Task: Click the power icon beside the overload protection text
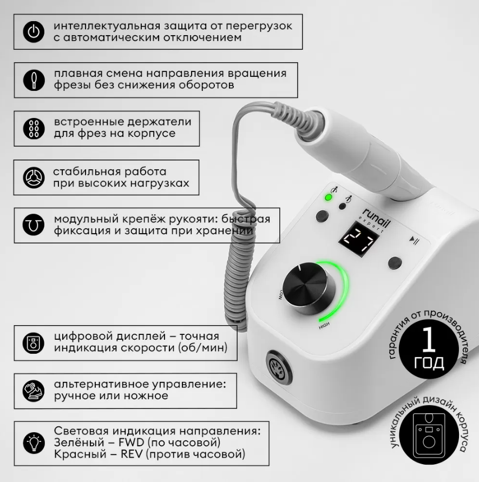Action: point(34,32)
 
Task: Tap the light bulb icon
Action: point(34,443)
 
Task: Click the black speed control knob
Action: point(309,288)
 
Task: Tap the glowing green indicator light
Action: point(329,197)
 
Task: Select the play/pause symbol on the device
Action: point(414,241)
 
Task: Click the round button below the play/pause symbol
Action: point(395,263)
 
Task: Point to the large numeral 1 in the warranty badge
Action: point(429,339)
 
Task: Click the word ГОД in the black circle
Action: point(429,363)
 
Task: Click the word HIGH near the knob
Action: point(324,326)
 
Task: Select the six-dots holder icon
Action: point(34,129)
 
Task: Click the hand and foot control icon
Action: point(34,391)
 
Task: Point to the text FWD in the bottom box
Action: point(132,443)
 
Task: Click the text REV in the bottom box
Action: point(132,454)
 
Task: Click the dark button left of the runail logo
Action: point(321,216)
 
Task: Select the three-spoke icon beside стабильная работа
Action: point(34,177)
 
